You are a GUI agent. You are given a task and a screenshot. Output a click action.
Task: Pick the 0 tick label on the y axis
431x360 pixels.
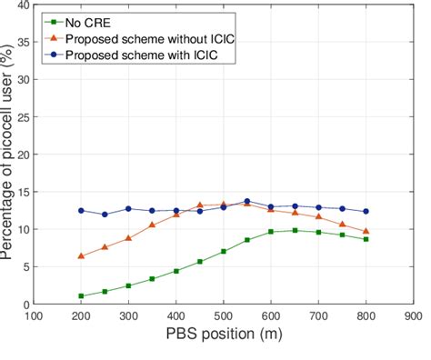(25, 305)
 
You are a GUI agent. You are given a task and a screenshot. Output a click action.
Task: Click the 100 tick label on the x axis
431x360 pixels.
(34, 318)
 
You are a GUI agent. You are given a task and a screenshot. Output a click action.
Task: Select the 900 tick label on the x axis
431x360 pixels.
(414, 318)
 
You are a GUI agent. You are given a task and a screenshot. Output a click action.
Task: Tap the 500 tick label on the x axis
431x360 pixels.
(224, 318)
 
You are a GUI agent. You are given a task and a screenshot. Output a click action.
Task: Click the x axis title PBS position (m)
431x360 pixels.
(223, 338)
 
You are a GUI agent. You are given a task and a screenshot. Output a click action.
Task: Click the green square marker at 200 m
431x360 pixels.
(81, 296)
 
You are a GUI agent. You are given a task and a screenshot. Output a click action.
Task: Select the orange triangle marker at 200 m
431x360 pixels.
(81, 256)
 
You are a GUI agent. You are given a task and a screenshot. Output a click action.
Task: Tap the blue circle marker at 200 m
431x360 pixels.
(81, 211)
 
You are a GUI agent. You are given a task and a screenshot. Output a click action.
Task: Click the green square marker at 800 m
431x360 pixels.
(366, 239)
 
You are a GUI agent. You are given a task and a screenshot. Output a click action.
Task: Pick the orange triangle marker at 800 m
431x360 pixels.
(366, 231)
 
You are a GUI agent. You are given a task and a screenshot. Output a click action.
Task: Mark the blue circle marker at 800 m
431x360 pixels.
(366, 212)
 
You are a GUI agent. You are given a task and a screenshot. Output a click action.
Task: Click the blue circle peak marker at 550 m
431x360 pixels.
(247, 202)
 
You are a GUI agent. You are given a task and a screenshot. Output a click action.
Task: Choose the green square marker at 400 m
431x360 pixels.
(176, 271)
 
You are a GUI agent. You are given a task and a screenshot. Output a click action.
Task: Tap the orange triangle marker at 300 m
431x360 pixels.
(128, 238)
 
